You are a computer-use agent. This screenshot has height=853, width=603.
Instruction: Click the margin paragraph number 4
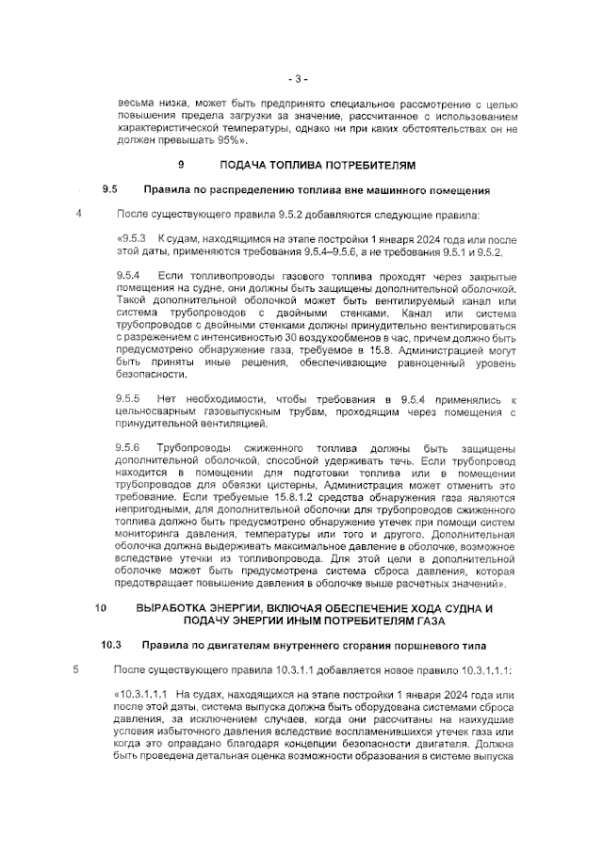point(78,213)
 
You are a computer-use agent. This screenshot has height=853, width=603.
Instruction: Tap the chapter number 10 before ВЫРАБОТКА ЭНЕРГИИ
point(102,608)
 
